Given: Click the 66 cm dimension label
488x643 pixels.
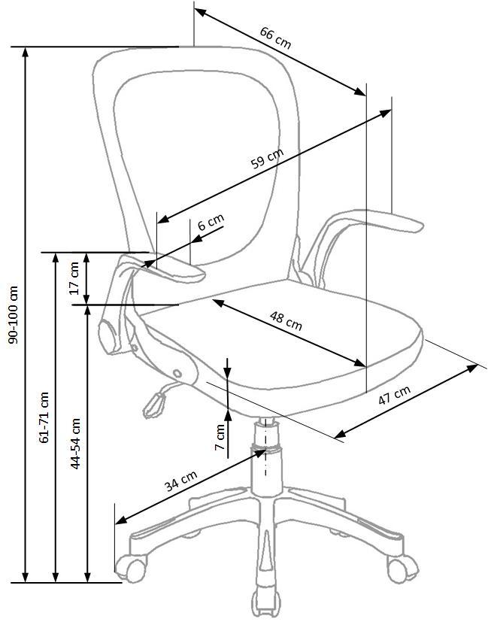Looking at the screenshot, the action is tap(275, 38).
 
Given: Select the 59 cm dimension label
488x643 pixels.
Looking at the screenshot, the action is tap(268, 158).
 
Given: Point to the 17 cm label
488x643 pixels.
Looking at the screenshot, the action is tap(74, 278).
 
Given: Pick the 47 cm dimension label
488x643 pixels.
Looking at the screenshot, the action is tap(394, 396).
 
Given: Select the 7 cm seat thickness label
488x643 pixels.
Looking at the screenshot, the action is tap(220, 437).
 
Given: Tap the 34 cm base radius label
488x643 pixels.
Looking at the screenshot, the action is tap(181, 481).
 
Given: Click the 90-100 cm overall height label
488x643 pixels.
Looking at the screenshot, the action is tap(14, 314).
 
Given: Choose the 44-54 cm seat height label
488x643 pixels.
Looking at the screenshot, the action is tap(75, 444).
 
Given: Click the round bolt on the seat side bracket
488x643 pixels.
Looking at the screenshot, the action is tap(177, 374).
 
